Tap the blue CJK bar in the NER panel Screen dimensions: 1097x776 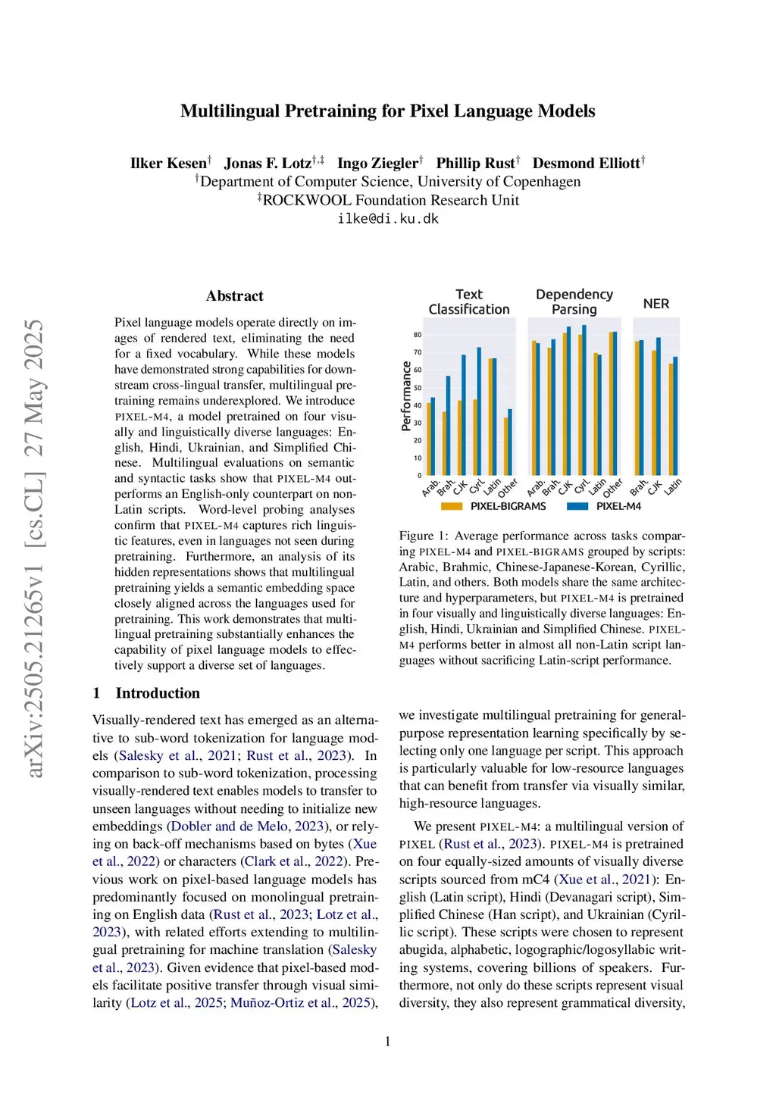click(x=659, y=406)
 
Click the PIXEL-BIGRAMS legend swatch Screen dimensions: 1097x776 click(x=452, y=506)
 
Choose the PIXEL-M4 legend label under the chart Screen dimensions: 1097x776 click(x=618, y=506)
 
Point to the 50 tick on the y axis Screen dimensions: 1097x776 click(x=418, y=388)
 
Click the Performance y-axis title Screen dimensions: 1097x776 click(x=406, y=396)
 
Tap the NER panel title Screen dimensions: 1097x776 click(x=656, y=304)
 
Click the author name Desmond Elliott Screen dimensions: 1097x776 click(x=586, y=163)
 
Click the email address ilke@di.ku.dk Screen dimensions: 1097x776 click(x=388, y=219)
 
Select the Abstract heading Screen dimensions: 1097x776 click(x=235, y=296)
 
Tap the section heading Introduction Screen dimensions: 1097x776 click(x=158, y=693)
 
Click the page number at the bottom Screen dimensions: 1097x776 click(x=388, y=1042)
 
